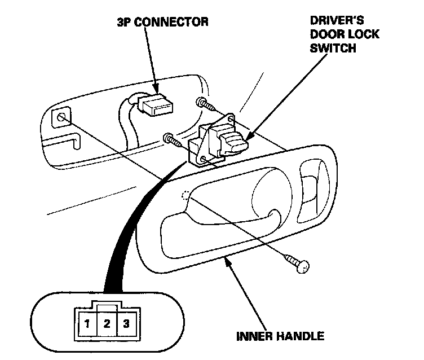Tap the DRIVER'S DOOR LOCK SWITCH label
[344, 34]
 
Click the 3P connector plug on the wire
[156, 104]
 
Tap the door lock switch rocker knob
[232, 141]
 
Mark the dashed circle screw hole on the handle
[184, 195]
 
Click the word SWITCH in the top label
[333, 48]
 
